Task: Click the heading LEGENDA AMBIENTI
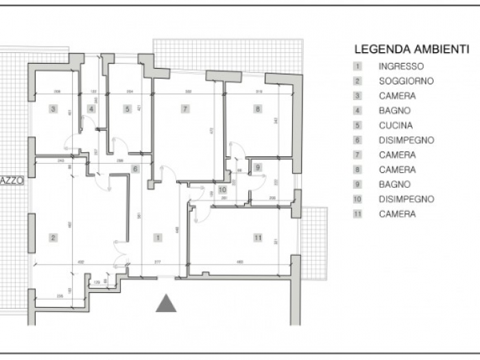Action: [411, 49]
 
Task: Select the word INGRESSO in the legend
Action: [401, 67]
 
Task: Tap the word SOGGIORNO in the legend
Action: [406, 81]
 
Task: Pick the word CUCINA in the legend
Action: [396, 125]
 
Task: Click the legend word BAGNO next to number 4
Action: [394, 110]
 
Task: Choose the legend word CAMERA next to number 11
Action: [397, 214]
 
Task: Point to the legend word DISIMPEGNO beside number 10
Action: [406, 199]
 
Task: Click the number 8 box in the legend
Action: [357, 169]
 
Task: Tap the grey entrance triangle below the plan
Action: [166, 302]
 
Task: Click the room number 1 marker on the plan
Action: [158, 238]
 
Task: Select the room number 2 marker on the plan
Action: [52, 238]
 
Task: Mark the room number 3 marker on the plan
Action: [52, 109]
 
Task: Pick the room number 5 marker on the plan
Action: [127, 109]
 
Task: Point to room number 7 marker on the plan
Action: [184, 109]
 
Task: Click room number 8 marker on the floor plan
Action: [257, 109]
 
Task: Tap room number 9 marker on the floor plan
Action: [257, 167]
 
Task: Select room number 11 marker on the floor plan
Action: [257, 238]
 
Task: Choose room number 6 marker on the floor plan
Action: [135, 169]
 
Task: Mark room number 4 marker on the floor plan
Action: [91, 109]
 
